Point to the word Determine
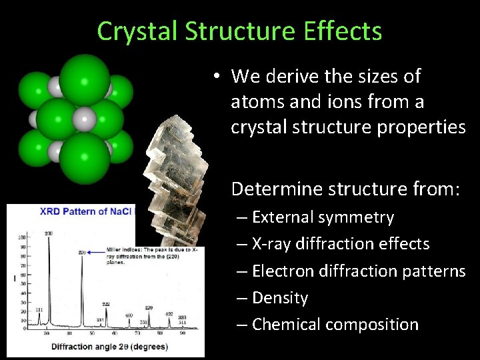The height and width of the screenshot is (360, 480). coord(277,189)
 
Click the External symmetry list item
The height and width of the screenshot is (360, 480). coord(323,217)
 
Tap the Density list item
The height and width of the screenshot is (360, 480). coord(280,297)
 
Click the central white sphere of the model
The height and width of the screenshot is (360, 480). coord(83,120)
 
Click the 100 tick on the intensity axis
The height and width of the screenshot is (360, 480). coord(21,237)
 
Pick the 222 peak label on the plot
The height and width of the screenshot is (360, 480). coord(106,303)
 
